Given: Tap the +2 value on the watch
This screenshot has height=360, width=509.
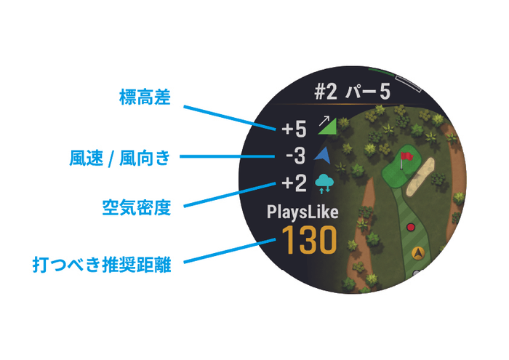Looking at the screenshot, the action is click(295, 183).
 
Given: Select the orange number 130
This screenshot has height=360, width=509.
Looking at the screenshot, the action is click(309, 240).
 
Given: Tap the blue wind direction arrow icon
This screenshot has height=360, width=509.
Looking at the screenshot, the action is click(323, 155).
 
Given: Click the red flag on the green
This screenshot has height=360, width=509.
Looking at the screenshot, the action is click(406, 156).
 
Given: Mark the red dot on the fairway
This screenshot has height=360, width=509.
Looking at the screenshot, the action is click(411, 228).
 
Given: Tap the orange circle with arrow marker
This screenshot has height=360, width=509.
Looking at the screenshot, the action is click(418, 254).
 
